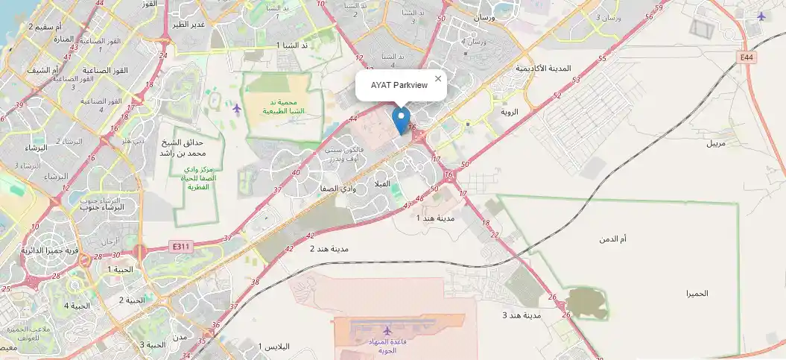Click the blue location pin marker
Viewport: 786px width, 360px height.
[401, 120]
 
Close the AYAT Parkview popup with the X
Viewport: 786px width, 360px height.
[438, 78]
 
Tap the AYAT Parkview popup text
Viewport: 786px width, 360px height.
[399, 85]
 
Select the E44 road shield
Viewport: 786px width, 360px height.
[748, 57]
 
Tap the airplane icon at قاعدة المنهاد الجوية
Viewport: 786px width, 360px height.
[387, 330]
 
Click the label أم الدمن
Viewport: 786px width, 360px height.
[613, 239]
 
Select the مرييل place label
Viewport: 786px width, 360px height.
[721, 142]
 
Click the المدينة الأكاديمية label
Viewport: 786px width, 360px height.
[543, 69]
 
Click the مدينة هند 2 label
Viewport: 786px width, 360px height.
[329, 248]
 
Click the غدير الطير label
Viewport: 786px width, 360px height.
[188, 24]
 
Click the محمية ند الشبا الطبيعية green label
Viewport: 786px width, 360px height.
[282, 107]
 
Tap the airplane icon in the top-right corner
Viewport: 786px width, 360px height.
[761, 16]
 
